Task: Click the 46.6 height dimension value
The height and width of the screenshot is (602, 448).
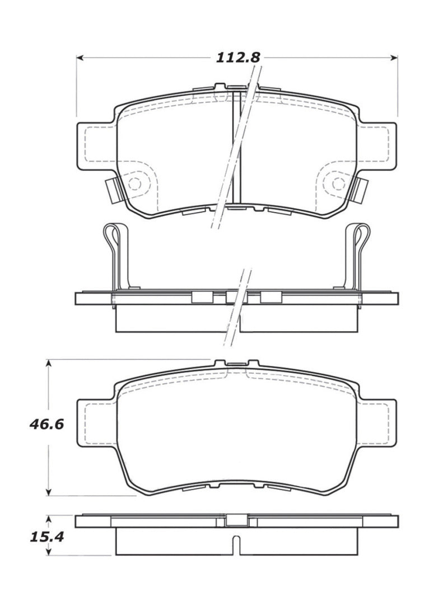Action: [46, 424]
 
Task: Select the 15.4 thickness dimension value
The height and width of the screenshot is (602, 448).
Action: [46, 538]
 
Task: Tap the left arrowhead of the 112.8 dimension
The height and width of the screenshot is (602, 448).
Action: [80, 58]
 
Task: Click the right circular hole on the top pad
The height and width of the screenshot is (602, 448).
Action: [337, 183]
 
